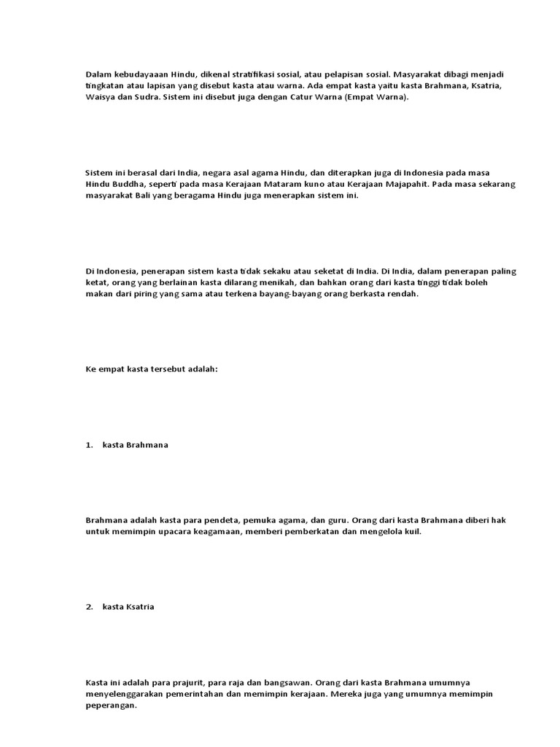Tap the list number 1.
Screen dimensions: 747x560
(x=88, y=445)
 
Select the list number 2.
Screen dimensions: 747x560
(x=88, y=607)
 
